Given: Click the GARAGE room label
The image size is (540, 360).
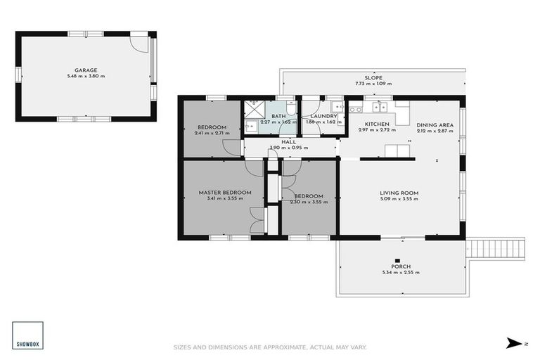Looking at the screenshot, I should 86,70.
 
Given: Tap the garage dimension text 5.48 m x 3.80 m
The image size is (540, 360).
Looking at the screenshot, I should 86,77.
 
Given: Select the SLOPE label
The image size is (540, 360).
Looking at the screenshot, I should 373,77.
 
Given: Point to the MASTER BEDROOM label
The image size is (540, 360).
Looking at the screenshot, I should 224,192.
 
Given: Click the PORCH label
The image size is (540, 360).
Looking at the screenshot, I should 401,266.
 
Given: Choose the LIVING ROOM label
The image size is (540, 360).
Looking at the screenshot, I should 399,193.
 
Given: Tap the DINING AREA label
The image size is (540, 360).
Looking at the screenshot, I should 435,124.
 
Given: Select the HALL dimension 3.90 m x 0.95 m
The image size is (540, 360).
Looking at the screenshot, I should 289,148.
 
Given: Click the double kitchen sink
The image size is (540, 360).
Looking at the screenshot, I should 380,107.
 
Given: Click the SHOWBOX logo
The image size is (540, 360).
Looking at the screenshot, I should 27,335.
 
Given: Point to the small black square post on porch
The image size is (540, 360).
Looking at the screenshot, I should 397,259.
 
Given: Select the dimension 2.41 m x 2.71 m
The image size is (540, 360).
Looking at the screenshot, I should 211,133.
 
